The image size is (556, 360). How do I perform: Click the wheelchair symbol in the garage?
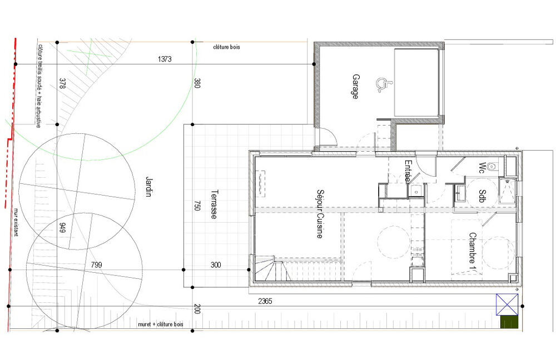(x=381, y=84)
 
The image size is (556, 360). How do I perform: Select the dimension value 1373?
(x=166, y=58)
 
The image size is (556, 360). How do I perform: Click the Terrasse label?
(x=213, y=205)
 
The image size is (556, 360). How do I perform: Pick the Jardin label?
(x=149, y=187)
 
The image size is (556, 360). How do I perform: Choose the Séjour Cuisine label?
(x=320, y=214)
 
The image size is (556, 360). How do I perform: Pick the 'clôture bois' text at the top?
(x=226, y=47)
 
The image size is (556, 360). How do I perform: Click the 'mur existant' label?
(x=16, y=222)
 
